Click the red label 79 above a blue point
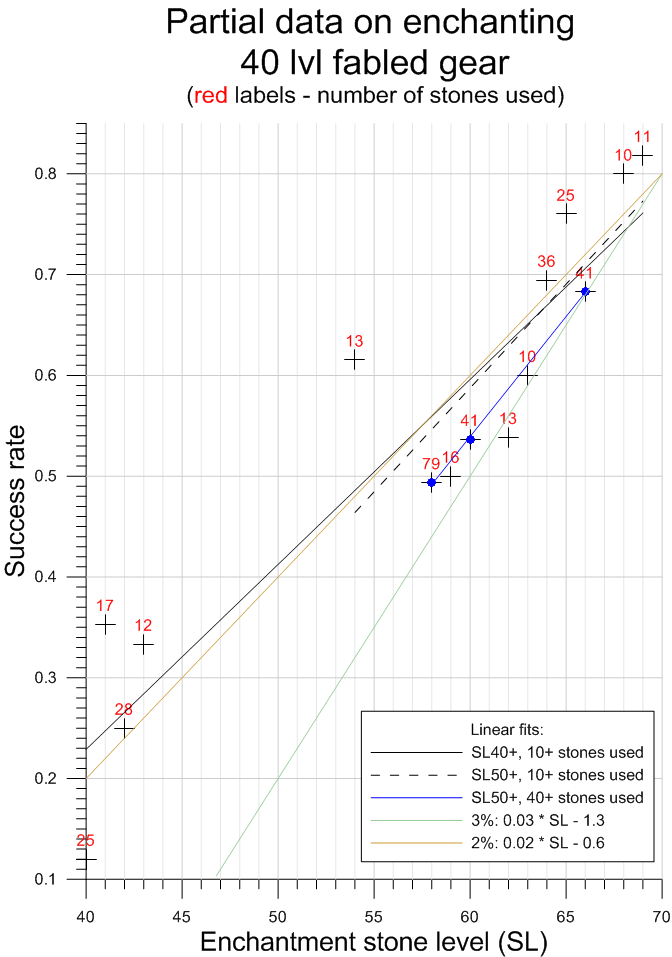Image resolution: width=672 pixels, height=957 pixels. (x=431, y=464)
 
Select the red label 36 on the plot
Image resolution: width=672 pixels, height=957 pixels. (x=546, y=261)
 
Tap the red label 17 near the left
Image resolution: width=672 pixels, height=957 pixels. (x=105, y=605)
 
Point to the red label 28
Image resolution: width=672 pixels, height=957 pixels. (x=123, y=709)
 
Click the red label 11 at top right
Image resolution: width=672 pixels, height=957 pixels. (x=642, y=137)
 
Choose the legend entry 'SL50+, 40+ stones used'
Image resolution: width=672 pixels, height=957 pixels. (x=556, y=797)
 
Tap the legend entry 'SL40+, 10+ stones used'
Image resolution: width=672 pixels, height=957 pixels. (x=556, y=751)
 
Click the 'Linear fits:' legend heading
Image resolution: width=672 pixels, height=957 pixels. (x=506, y=728)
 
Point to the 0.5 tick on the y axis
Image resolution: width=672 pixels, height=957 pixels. (x=63, y=476)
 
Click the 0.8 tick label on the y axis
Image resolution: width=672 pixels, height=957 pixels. (x=63, y=174)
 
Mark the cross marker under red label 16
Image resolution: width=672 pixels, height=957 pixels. (x=451, y=477)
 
